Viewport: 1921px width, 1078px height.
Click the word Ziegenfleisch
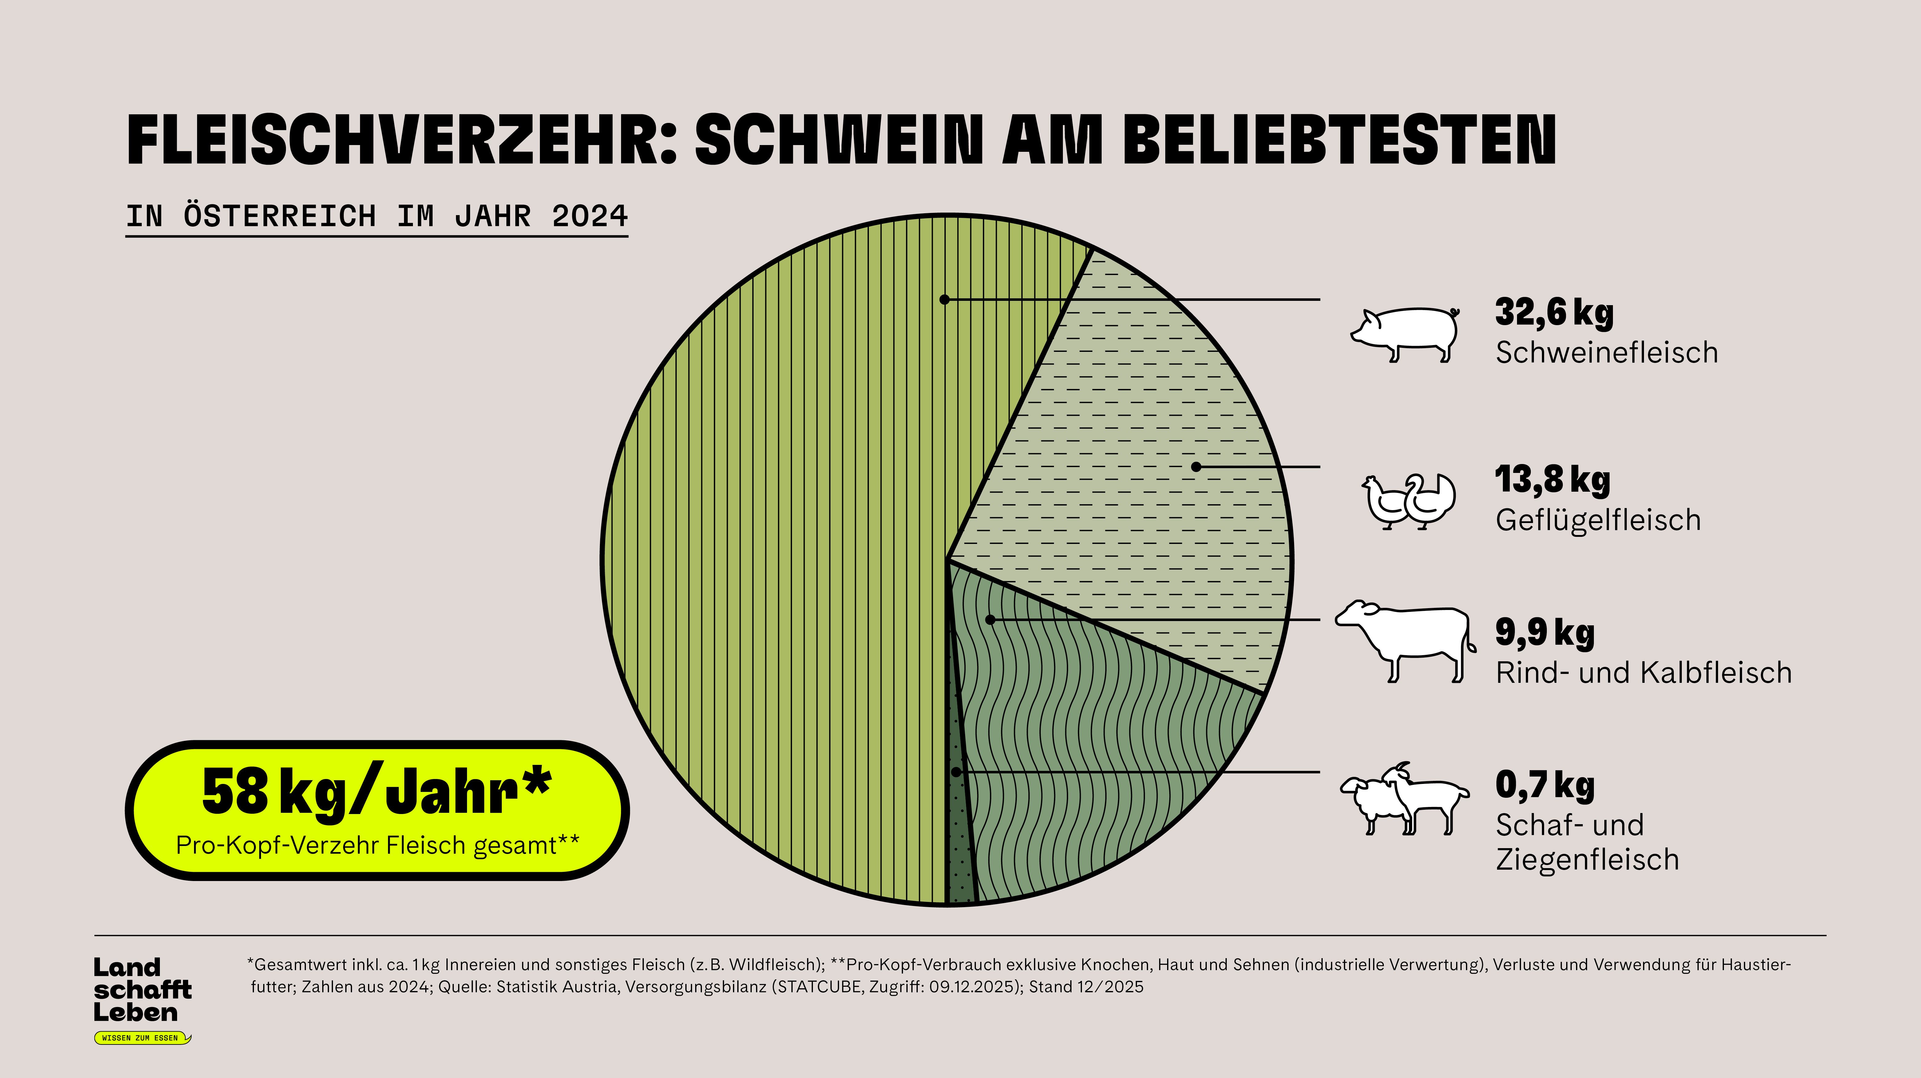pos(1587,860)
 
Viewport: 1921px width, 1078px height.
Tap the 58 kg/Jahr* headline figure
pos(377,792)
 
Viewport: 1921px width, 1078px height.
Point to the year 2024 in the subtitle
pos(589,216)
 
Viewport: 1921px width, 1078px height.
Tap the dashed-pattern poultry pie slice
pos(1148,462)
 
